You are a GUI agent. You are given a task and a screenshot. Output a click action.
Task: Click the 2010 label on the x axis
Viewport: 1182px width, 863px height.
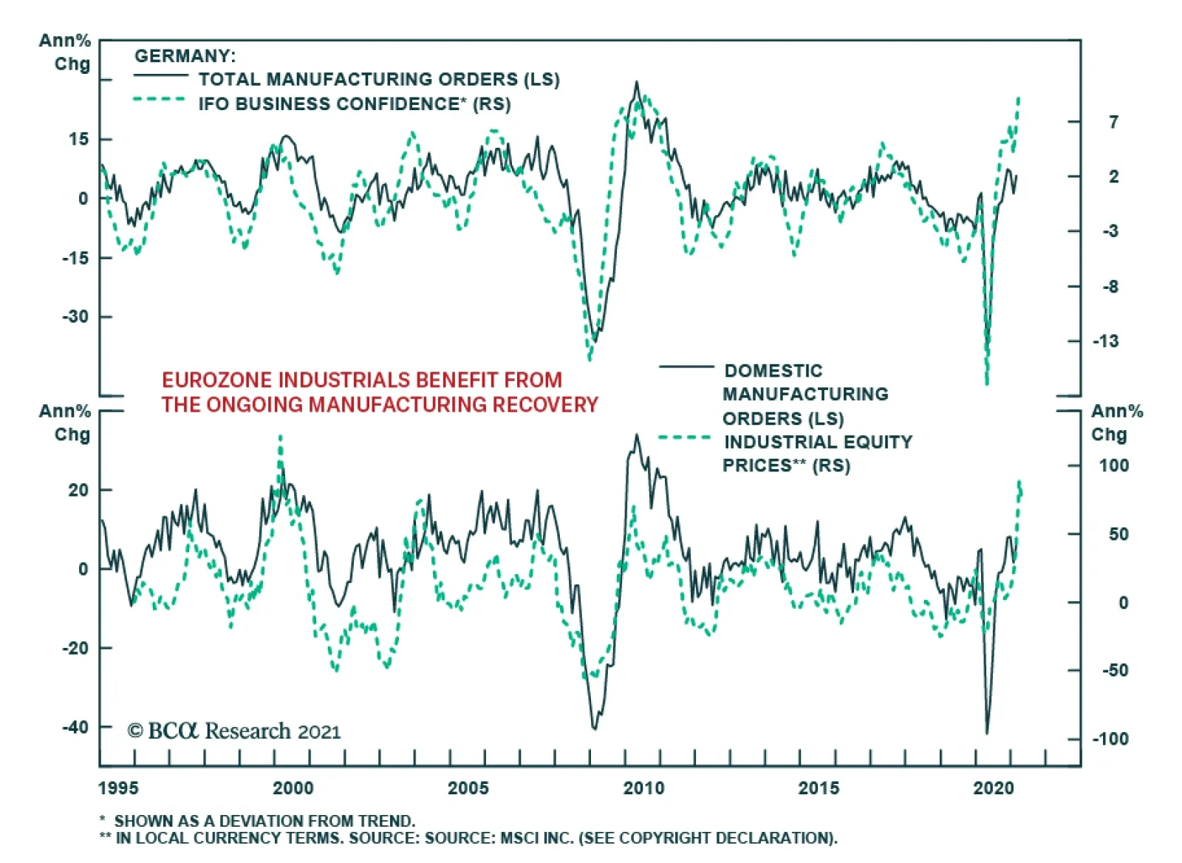643,788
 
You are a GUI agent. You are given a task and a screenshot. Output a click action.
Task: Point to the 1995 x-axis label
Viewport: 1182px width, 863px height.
118,788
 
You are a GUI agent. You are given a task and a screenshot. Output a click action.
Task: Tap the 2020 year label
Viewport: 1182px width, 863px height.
994,788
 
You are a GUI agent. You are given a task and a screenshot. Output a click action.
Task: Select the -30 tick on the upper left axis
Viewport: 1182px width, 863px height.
75,316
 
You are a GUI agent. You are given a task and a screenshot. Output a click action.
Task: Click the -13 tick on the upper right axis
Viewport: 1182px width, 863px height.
1105,341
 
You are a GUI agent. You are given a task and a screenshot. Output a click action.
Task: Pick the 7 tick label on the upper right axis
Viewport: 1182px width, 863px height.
1113,121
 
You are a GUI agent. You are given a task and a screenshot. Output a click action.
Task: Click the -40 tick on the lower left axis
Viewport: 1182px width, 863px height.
75,727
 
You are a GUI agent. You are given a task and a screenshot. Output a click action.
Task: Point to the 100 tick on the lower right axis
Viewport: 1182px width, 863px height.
1113,465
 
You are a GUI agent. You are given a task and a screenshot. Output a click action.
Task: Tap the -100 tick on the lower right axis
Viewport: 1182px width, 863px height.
1110,739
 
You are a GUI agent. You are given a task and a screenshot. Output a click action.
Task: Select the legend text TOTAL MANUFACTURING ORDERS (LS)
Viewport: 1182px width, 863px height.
378,79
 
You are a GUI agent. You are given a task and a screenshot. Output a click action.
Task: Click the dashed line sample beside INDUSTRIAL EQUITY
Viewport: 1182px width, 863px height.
684,437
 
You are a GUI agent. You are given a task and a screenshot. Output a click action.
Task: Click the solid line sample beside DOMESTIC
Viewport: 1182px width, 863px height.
686,366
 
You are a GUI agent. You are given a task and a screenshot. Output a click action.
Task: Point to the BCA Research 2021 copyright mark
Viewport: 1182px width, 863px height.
234,731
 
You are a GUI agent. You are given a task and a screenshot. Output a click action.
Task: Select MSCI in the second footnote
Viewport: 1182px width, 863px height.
522,838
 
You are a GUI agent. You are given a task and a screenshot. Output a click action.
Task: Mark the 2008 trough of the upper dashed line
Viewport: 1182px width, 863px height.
590,360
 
